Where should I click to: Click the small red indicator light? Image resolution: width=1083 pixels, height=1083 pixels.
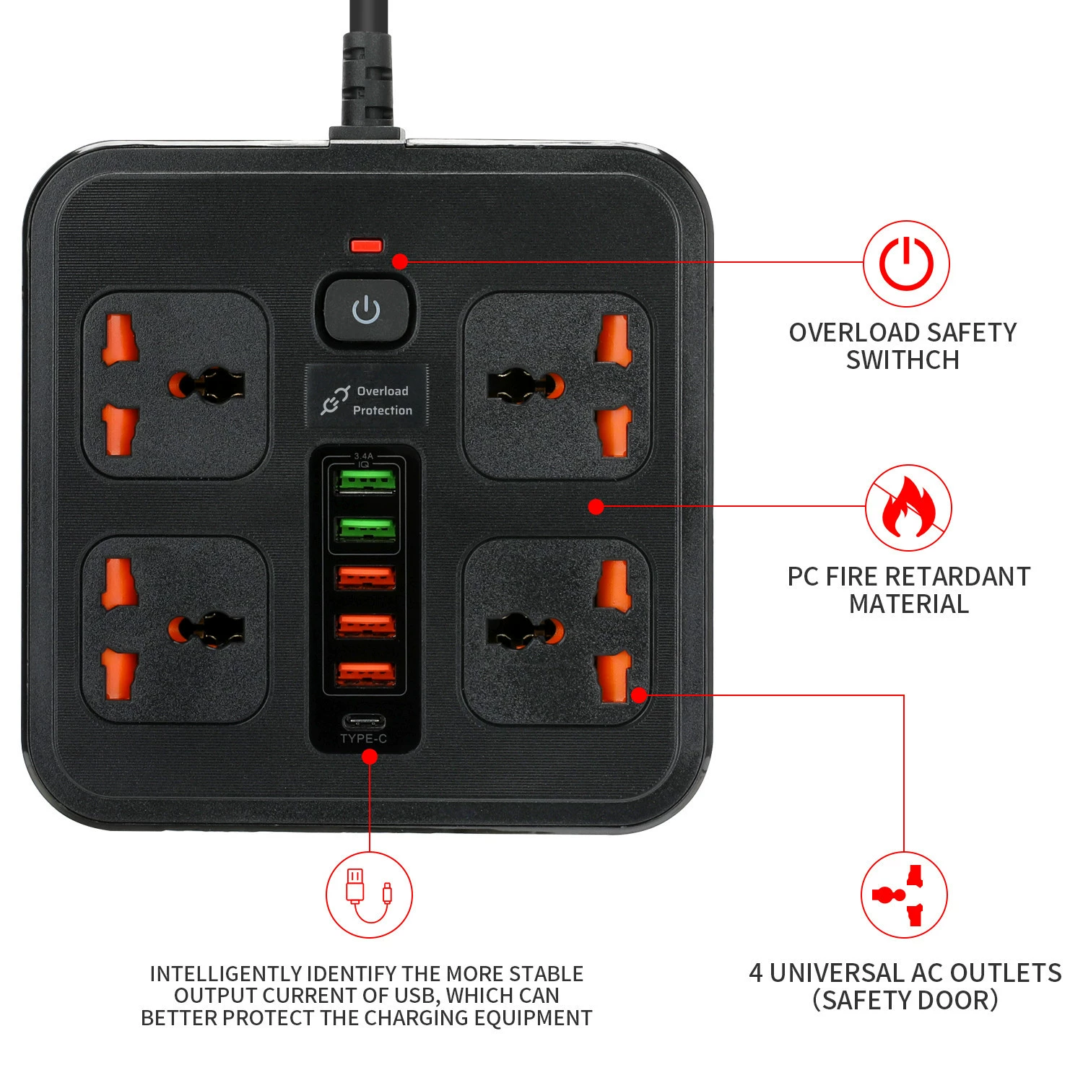(366, 245)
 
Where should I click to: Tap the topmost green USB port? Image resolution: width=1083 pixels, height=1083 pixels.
(365, 481)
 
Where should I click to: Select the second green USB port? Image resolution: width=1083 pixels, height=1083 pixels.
(365, 529)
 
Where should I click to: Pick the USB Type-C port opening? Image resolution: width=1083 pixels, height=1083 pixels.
(363, 721)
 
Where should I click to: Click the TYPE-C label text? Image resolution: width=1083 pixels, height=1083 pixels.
(363, 739)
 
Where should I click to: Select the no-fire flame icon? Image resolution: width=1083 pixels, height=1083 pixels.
(908, 508)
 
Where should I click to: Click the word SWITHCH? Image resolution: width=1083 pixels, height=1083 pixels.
(902, 360)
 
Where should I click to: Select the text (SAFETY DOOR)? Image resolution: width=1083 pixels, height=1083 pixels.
(905, 1001)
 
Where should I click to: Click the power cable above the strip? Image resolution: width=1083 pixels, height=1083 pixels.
(366, 65)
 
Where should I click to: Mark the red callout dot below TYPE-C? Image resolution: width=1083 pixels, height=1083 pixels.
(369, 756)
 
